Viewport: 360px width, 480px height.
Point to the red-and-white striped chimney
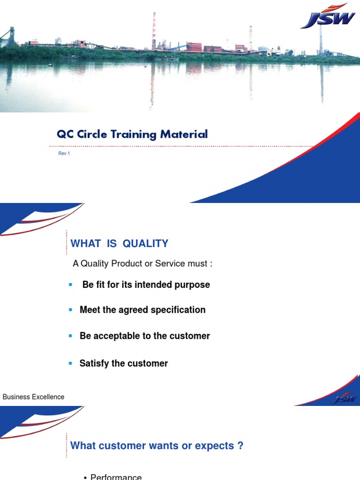click(154, 31)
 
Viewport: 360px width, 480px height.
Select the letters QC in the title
click(64, 135)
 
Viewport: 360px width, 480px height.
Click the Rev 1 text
click(64, 154)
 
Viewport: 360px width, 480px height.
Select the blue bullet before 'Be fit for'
click(70, 285)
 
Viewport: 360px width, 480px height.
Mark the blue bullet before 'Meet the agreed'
click(70, 310)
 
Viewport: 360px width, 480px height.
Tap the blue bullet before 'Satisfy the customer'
click(70, 363)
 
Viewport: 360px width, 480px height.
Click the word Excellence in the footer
click(47, 397)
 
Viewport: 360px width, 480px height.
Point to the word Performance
click(116, 477)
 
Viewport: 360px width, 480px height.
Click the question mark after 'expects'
click(240, 446)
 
